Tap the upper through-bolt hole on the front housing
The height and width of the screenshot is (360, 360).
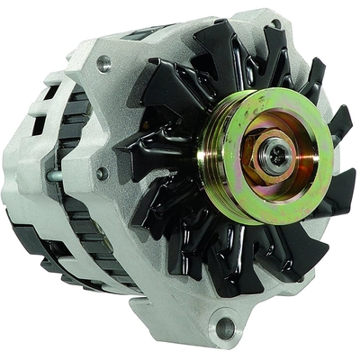[x=105, y=63]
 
